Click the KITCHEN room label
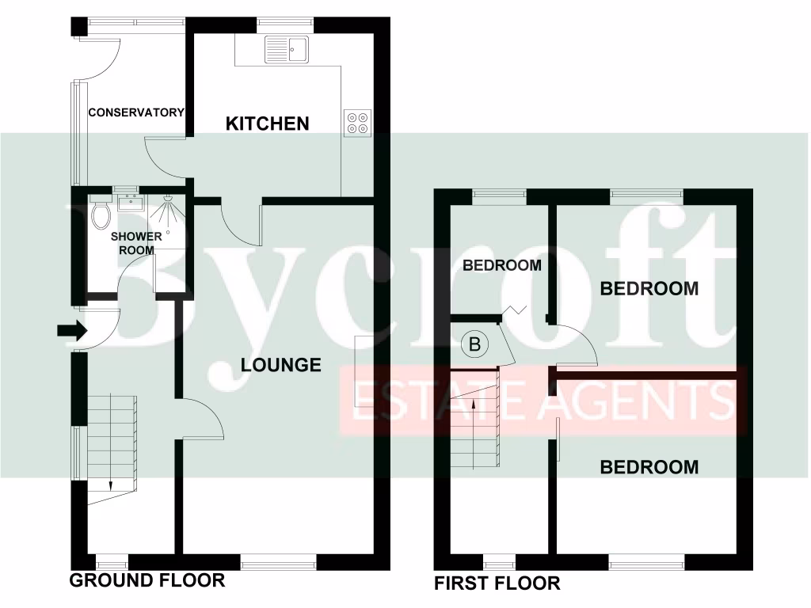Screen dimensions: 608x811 coord(267,123)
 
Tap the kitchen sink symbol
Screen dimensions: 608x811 coord(287,49)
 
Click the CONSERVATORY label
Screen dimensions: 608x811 coord(135,112)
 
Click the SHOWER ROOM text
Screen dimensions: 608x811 coord(136,243)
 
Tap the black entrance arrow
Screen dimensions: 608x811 coord(70,331)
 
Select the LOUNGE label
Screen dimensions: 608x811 coord(281,365)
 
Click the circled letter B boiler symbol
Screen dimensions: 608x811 coord(474,344)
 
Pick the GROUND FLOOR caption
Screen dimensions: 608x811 coord(147,580)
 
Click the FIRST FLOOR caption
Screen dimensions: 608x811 coord(497,584)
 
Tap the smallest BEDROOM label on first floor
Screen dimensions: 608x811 coord(502,265)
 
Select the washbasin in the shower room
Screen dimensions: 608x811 coord(127,203)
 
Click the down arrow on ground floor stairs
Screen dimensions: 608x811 coord(111,484)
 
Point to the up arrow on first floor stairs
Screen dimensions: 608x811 coord(474,404)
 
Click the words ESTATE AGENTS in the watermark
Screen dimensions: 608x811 coord(543,401)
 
